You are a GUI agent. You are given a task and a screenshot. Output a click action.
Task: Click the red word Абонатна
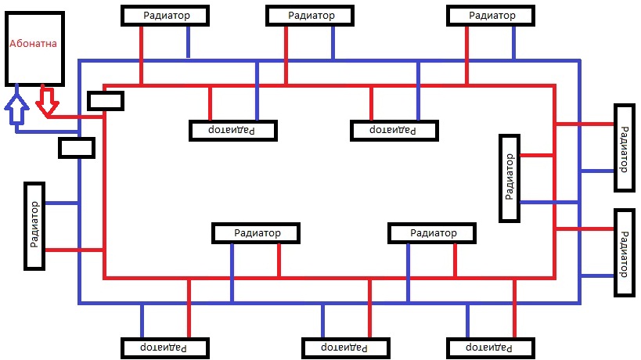click(34, 45)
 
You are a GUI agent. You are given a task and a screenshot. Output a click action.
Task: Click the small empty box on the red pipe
click(105, 101)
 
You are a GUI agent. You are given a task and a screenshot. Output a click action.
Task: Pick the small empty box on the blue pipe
click(77, 147)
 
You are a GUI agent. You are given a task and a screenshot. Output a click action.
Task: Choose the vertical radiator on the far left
click(34, 225)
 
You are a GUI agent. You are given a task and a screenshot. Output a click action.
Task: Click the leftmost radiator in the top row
click(166, 16)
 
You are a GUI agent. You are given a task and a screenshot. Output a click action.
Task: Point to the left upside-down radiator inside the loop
click(234, 130)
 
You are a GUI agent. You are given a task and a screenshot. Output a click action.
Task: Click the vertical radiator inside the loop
click(510, 177)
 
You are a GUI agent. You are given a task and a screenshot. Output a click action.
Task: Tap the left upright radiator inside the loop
click(257, 233)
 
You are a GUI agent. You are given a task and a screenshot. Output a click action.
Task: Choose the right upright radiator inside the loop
click(433, 233)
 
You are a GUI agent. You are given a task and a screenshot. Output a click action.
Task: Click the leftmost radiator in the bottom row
click(165, 347)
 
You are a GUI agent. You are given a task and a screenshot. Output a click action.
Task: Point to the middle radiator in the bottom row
click(346, 347)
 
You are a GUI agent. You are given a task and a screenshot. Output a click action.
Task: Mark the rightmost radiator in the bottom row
click(492, 347)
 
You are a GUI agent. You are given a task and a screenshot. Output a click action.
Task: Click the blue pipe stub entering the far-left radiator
click(62, 203)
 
